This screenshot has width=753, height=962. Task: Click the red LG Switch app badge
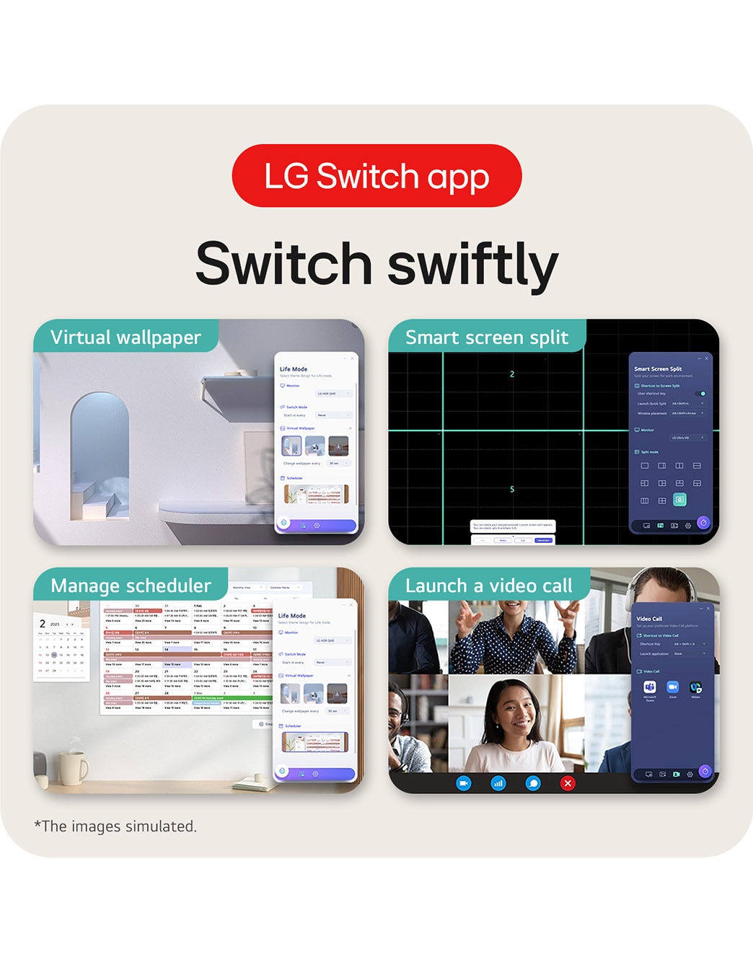tap(376, 176)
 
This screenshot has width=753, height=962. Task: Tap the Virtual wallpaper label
tap(125, 337)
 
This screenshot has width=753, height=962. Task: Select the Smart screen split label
tap(487, 337)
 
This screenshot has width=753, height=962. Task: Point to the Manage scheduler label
tap(131, 586)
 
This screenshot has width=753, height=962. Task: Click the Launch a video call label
tap(488, 586)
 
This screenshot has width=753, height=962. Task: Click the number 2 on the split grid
tap(512, 374)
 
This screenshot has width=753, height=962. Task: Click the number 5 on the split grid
tap(512, 490)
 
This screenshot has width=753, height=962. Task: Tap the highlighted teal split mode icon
tap(679, 499)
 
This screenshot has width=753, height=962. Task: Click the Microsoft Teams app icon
tap(650, 687)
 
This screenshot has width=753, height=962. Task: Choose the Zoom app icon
tap(672, 687)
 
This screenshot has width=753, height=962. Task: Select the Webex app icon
tap(695, 687)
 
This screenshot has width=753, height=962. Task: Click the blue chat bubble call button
tap(533, 783)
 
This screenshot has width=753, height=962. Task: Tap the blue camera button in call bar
tap(464, 783)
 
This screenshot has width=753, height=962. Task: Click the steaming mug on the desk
tap(72, 767)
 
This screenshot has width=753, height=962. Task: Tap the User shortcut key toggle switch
tap(701, 394)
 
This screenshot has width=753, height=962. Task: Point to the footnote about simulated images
tap(115, 826)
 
